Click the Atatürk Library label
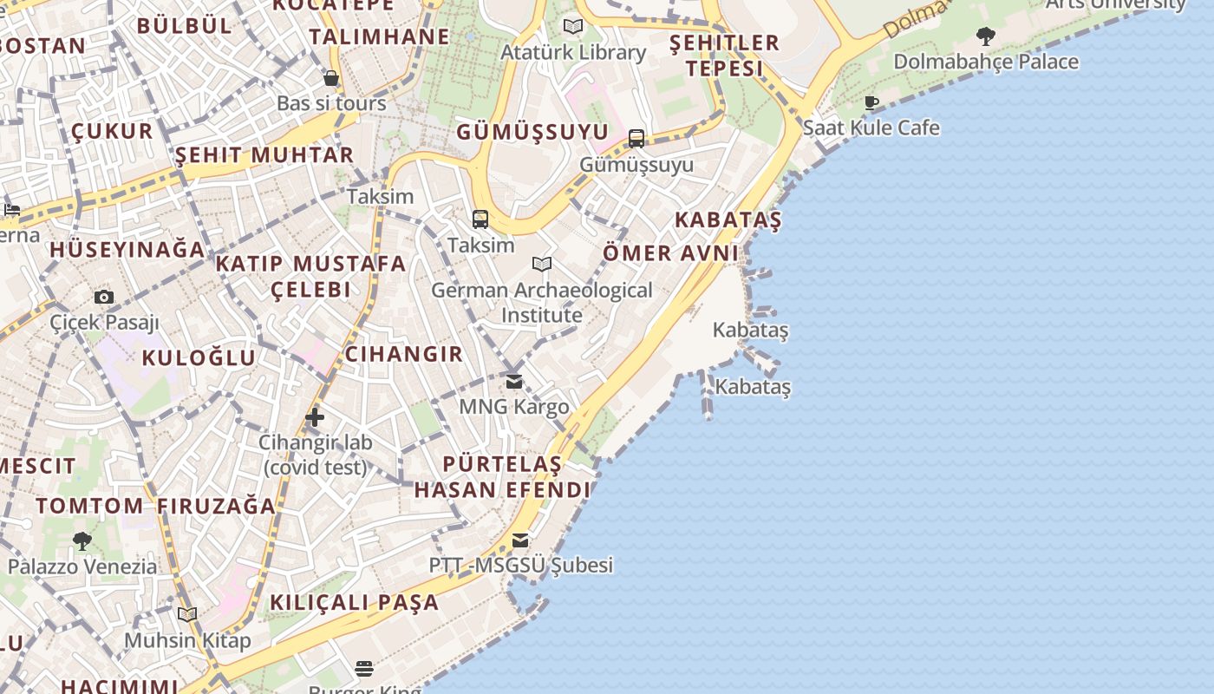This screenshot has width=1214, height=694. tap(573, 53)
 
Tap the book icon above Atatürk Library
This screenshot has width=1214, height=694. tap(572, 26)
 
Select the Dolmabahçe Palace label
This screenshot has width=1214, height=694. tap(986, 62)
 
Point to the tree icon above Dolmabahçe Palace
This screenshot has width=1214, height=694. tap(985, 36)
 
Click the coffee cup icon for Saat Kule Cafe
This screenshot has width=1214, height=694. tap(871, 102)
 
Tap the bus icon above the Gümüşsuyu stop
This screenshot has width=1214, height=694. tap(636, 139)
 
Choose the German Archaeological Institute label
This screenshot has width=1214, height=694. tap(542, 302)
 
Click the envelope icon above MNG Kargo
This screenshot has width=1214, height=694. tap(514, 381)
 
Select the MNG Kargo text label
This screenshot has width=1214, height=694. tap(514, 407)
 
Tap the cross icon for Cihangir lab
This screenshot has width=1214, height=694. tap(315, 418)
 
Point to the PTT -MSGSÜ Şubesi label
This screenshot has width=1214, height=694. tap(520, 566)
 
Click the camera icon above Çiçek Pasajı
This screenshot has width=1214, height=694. tap(104, 298)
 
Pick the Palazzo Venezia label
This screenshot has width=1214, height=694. tap(82, 567)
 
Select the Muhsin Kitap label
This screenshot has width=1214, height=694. tap(187, 641)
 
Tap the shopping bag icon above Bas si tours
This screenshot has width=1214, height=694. tap(331, 78)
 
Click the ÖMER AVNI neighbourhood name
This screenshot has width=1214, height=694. tap(670, 253)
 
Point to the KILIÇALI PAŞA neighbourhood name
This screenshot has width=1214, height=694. tap(355, 602)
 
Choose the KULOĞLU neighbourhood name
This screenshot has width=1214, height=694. tap(199, 358)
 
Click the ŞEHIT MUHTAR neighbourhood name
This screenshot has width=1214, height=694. tap(264, 156)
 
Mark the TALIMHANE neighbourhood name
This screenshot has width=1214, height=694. tap(380, 37)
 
